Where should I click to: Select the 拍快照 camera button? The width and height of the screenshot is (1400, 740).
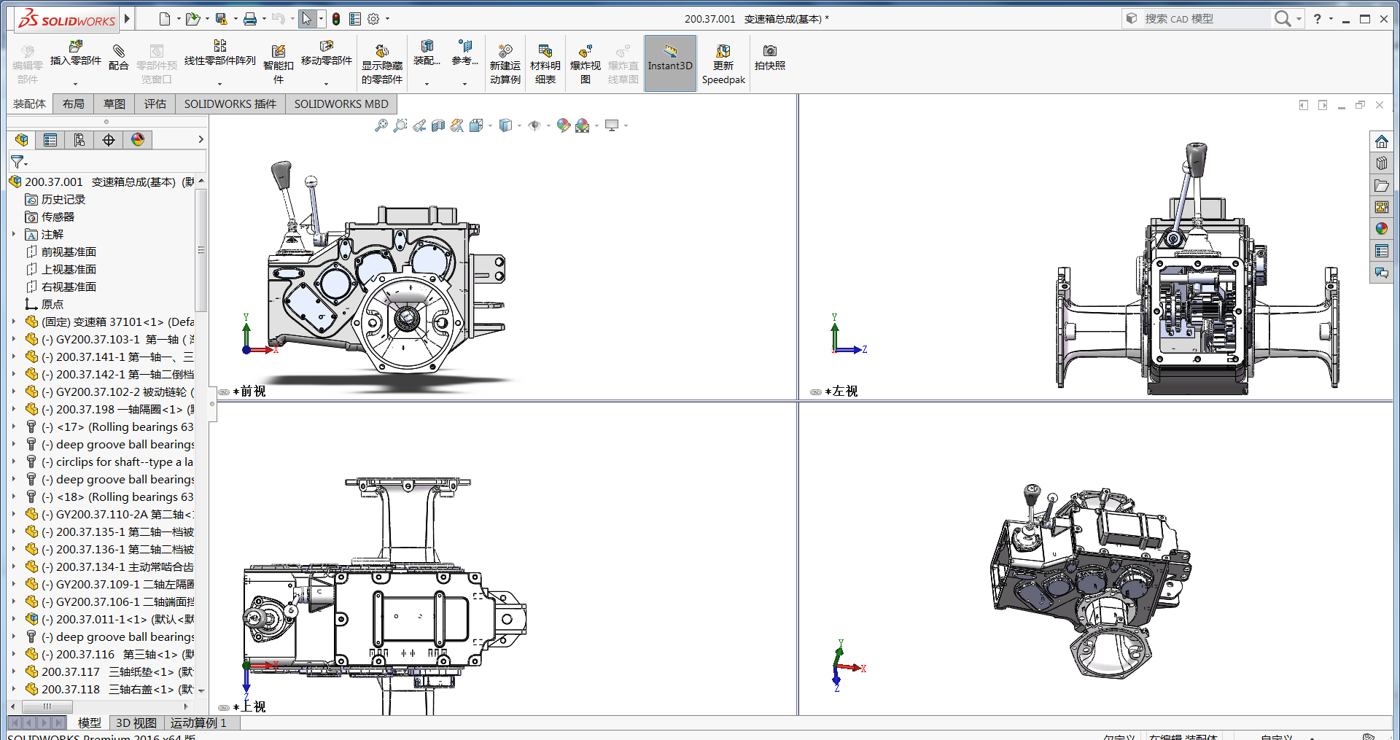(769, 57)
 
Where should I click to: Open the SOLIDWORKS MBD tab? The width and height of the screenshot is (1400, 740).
(341, 104)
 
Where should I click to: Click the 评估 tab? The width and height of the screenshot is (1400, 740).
(155, 104)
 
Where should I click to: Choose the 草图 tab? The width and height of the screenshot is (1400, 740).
(114, 104)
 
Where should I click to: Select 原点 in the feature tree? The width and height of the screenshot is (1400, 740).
(52, 304)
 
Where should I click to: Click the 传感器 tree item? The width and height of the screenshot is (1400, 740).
(58, 217)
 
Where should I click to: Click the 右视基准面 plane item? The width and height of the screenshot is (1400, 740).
(69, 287)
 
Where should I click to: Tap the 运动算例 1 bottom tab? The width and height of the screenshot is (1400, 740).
(198, 723)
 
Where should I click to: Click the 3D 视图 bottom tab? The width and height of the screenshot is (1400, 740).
(136, 723)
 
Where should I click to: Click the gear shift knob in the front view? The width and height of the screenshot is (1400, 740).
(281, 174)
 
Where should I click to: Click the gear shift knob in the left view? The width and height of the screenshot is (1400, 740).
(1195, 155)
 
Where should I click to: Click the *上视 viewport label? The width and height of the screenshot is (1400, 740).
(253, 706)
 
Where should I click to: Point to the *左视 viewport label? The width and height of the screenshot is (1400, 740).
(844, 391)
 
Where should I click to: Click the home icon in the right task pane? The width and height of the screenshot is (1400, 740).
(1381, 141)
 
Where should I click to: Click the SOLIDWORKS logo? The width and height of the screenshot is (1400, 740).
(67, 20)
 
